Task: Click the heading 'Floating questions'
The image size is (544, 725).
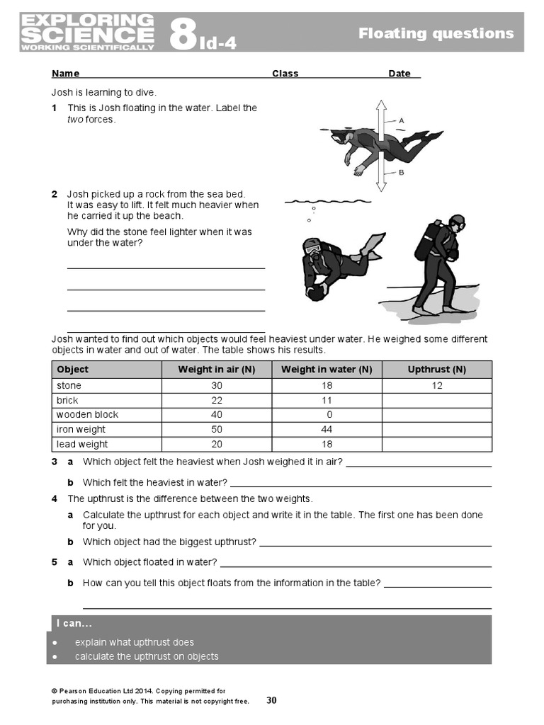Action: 436,33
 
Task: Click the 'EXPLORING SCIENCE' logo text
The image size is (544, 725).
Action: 87,32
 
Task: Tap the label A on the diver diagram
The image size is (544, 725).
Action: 401,121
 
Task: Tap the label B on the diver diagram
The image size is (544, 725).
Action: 401,172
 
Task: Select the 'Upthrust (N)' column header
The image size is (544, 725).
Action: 437,370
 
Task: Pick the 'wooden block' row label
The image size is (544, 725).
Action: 87,415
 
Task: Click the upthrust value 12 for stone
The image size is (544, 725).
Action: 437,386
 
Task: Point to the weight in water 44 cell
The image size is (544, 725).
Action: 327,430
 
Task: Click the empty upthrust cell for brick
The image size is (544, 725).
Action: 437,401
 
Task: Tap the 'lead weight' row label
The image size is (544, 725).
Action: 82,445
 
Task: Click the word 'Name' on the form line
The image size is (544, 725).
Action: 65,74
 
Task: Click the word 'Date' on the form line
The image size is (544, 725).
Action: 399,74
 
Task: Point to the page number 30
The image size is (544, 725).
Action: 271,700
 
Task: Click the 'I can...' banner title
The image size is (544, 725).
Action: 74,624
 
